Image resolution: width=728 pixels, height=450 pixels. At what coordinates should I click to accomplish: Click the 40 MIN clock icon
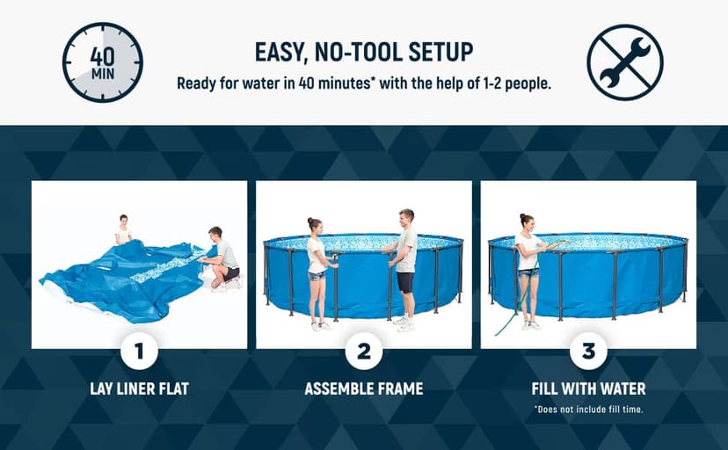(102, 62)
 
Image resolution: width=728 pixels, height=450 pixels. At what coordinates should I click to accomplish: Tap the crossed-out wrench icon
(625, 62)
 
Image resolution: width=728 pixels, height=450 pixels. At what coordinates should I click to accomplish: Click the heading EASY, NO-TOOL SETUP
(364, 52)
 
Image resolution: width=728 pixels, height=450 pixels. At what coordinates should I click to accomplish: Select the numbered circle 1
(139, 352)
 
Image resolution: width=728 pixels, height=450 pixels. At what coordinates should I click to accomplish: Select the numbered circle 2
(364, 352)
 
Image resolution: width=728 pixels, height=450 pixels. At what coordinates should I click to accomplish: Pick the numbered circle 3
(588, 352)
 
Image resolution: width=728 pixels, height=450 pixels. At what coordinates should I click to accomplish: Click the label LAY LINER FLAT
(139, 388)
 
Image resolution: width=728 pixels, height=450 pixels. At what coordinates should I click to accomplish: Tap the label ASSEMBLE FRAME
(364, 388)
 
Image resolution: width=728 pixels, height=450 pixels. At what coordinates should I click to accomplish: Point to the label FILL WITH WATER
(588, 388)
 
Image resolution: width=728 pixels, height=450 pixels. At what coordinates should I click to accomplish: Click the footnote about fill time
(588, 409)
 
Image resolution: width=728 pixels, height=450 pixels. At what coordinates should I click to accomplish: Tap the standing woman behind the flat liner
(123, 230)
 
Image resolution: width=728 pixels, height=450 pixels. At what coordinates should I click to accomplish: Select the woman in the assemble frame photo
(317, 272)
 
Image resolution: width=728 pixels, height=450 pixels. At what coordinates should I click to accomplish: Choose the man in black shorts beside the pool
(404, 268)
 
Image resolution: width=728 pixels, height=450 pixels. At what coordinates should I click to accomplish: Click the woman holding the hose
(528, 268)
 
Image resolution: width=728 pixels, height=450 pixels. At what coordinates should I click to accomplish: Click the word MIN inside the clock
(102, 74)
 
